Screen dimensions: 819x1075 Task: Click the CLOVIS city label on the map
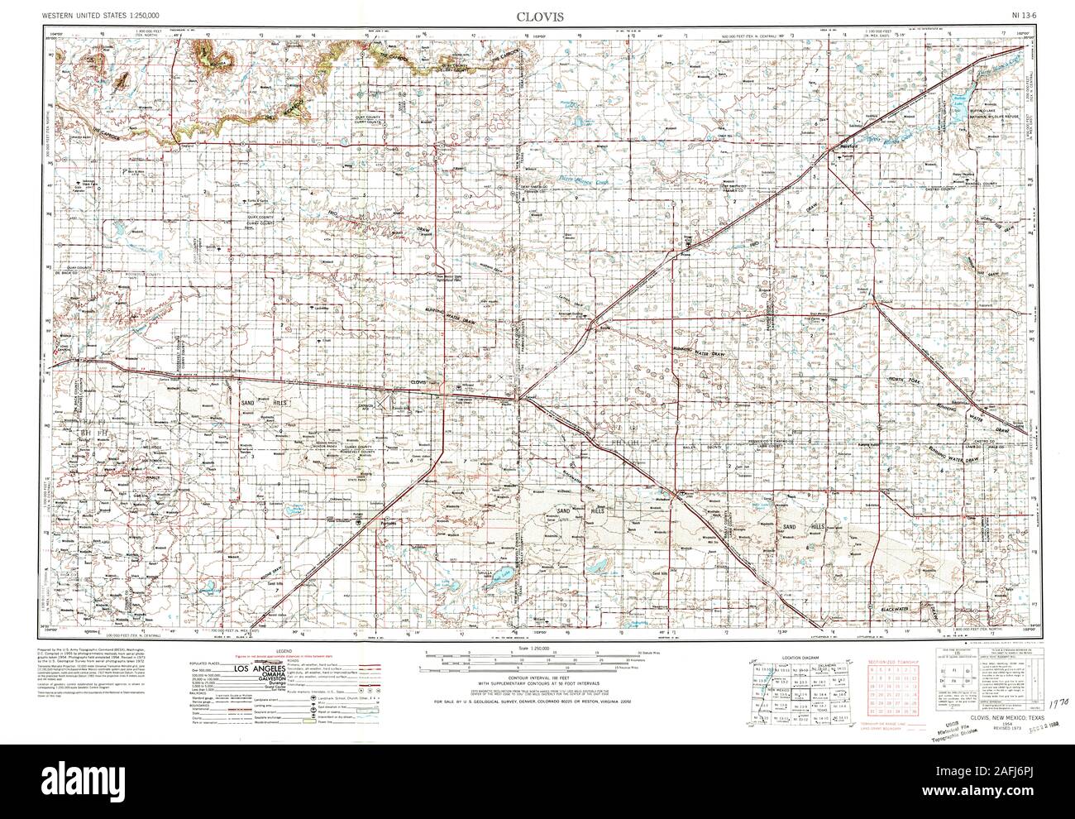coord(418,382)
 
